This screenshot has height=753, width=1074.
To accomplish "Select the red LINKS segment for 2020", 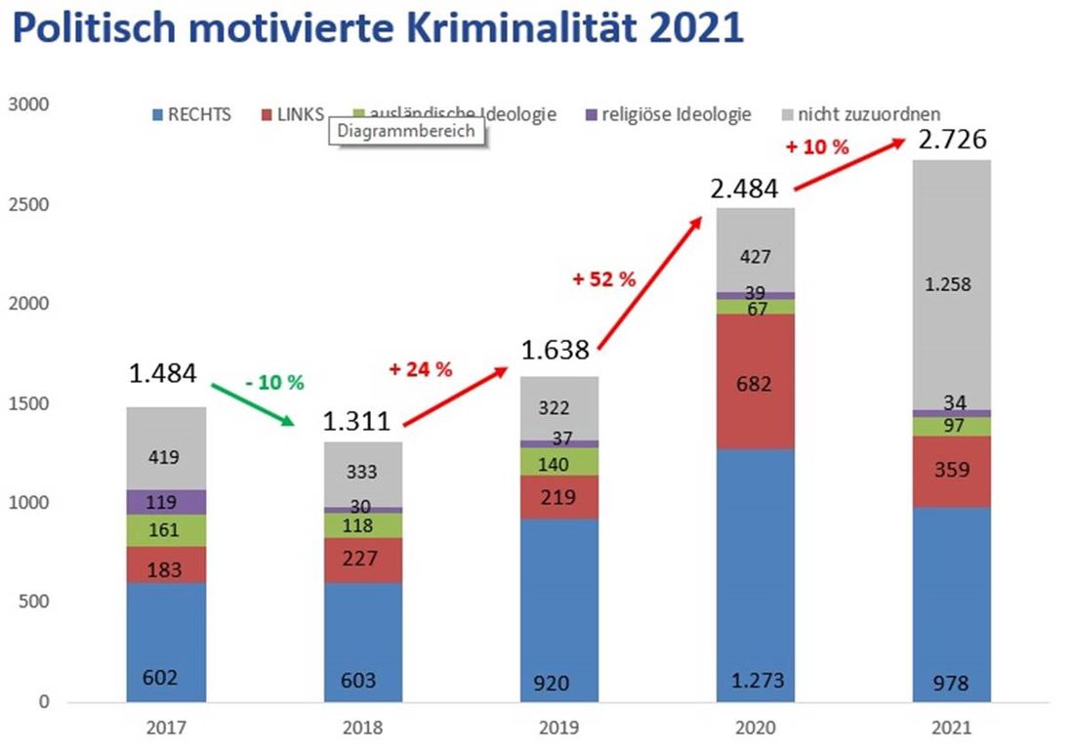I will [754, 382].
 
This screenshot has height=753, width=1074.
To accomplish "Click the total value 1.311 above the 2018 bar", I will [357, 421].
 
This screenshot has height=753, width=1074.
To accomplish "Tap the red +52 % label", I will [604, 278].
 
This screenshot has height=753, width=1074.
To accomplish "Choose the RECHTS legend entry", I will [190, 114].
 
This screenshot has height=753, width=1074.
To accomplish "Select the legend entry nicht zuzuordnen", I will [859, 114].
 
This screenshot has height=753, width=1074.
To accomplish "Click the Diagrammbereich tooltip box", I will [406, 132].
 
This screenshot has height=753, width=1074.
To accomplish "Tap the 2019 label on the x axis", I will [558, 729].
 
